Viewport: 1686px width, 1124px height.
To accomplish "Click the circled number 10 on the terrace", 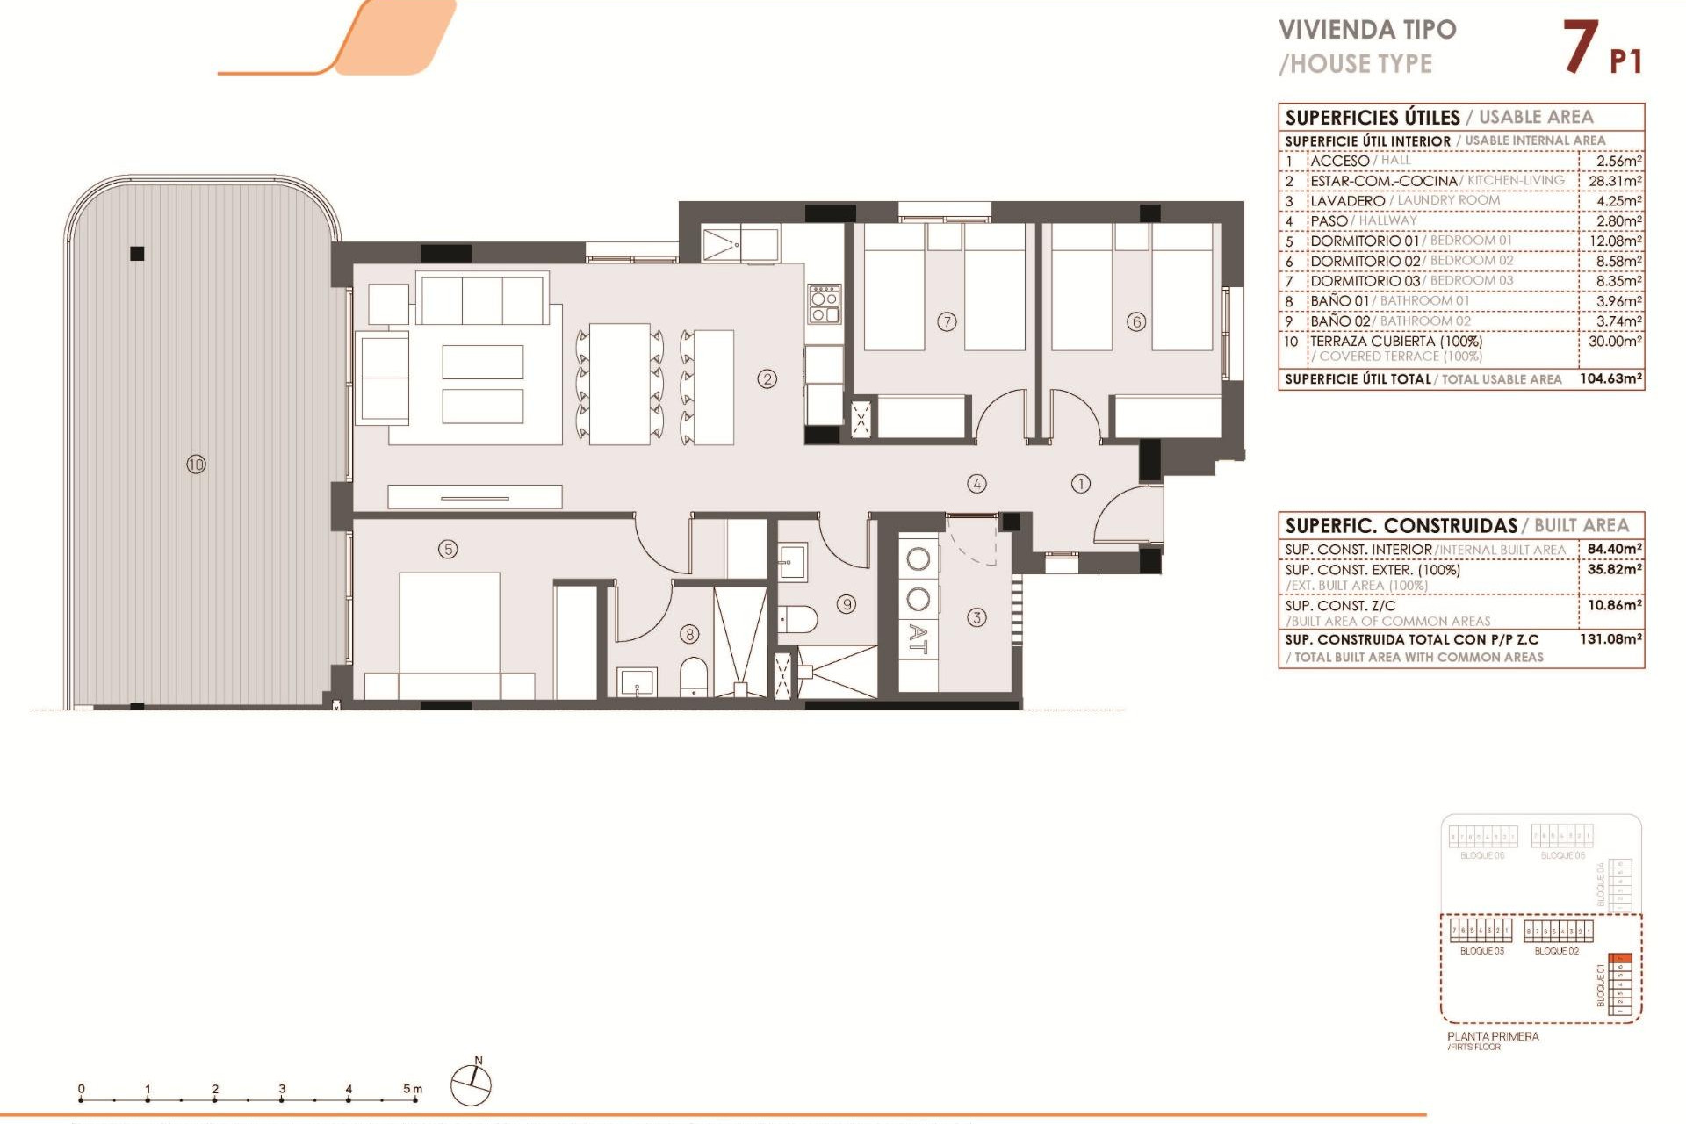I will tap(196, 465).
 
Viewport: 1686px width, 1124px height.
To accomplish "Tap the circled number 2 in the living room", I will tap(767, 379).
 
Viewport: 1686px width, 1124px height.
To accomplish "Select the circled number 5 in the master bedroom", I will tap(448, 550).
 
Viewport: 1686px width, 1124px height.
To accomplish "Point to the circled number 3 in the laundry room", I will tap(976, 617).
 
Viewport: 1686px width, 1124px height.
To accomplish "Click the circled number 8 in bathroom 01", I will tap(690, 634).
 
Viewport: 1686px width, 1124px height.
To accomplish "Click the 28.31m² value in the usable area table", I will tap(1614, 181).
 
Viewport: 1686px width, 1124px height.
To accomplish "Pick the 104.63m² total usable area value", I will tap(1610, 379).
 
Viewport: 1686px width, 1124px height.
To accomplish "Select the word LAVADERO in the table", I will tap(1347, 201).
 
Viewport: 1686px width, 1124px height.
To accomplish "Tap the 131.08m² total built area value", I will tap(1610, 639).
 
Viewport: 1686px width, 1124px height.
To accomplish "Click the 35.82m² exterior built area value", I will tap(1614, 570).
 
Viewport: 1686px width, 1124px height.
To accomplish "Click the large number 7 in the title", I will tap(1580, 48).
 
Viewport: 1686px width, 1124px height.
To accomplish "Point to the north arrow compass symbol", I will tap(472, 1084).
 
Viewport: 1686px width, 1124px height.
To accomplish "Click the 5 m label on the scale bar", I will tap(412, 1089).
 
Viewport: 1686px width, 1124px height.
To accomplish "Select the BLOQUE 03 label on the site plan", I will tap(1481, 951).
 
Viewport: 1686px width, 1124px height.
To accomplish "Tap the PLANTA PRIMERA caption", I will tap(1493, 1036).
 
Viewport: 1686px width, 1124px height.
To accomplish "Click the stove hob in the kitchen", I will tap(825, 304).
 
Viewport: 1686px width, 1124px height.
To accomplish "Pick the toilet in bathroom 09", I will tap(798, 620).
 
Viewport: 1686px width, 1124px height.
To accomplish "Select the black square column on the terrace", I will tap(137, 254).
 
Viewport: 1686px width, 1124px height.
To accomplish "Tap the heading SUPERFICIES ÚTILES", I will tap(1372, 118).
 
